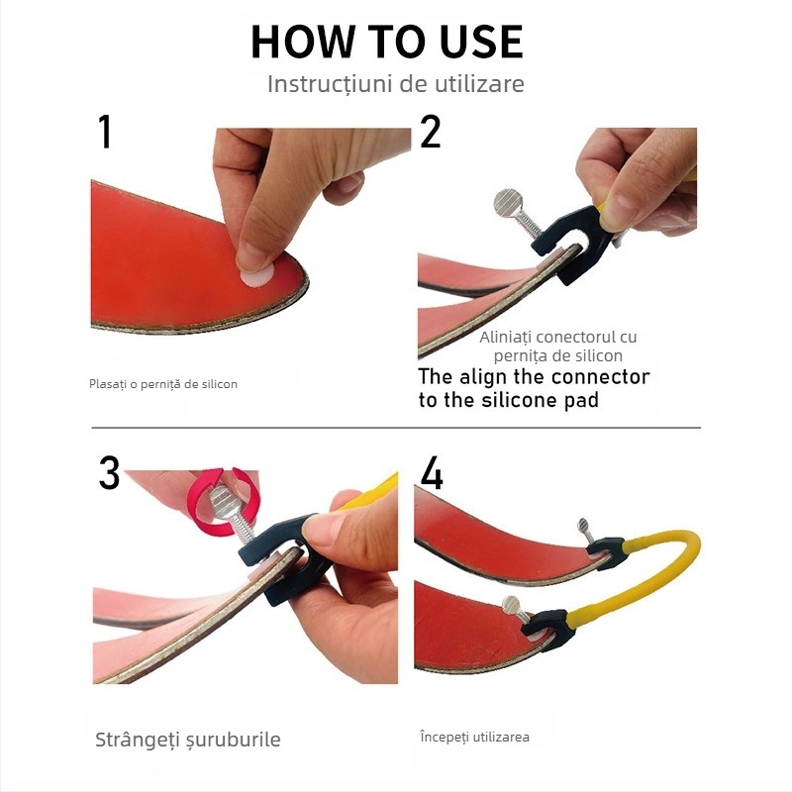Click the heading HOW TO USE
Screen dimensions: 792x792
386,42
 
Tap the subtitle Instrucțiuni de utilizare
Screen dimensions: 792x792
395,84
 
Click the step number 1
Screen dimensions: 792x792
105,133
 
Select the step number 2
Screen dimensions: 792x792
430,133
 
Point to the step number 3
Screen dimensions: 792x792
109,473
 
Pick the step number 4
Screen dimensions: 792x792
432,473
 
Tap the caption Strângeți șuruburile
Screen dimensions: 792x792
187,740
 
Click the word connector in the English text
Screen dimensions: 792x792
601,377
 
